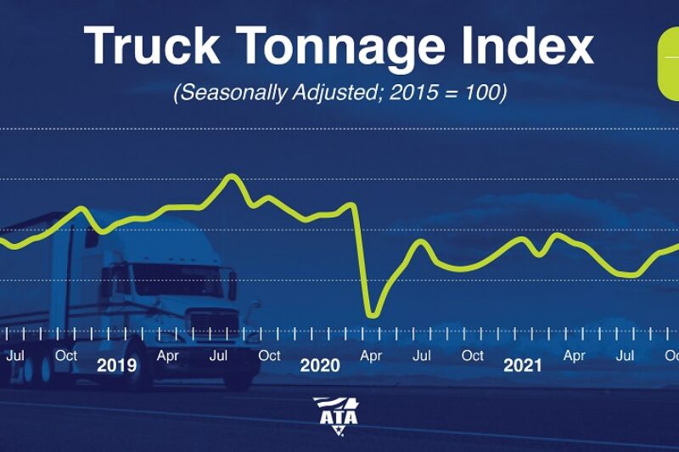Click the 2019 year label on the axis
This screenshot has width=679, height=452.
pos(116,366)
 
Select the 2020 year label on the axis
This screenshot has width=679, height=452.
pos(320,366)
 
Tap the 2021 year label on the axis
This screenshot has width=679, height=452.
pos(523,366)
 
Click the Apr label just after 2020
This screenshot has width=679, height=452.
pos(371,356)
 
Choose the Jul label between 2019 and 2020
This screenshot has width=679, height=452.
pos(218,356)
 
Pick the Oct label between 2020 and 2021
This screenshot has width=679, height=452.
pos(473,356)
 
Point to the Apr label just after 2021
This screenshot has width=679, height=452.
pos(575,356)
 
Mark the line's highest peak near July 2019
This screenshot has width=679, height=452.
pos(230,177)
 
